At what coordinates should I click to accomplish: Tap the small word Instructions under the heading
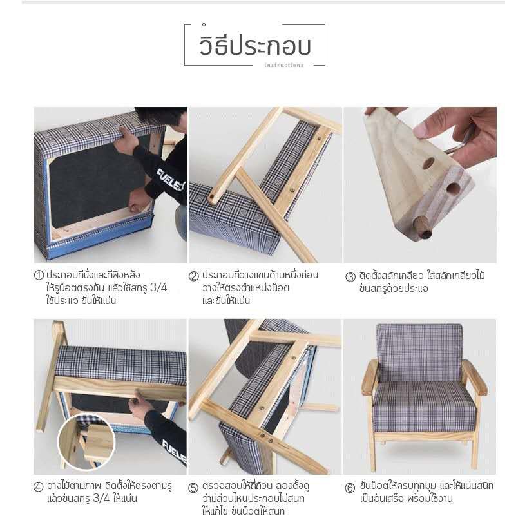pyautogui.click(x=284, y=65)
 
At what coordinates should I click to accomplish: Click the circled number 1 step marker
pyautogui.click(x=39, y=275)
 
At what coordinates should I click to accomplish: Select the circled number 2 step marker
pyautogui.click(x=193, y=276)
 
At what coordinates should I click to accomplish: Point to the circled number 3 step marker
pyautogui.click(x=350, y=276)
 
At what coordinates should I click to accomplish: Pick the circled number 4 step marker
pyautogui.click(x=38, y=486)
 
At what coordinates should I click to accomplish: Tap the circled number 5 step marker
pyautogui.click(x=193, y=488)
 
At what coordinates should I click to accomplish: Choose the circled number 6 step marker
pyautogui.click(x=350, y=488)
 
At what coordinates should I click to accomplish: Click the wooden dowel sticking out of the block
pyautogui.click(x=424, y=228)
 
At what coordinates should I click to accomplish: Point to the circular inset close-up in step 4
pyautogui.click(x=87, y=443)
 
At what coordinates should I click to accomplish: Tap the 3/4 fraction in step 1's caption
pyautogui.click(x=158, y=288)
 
